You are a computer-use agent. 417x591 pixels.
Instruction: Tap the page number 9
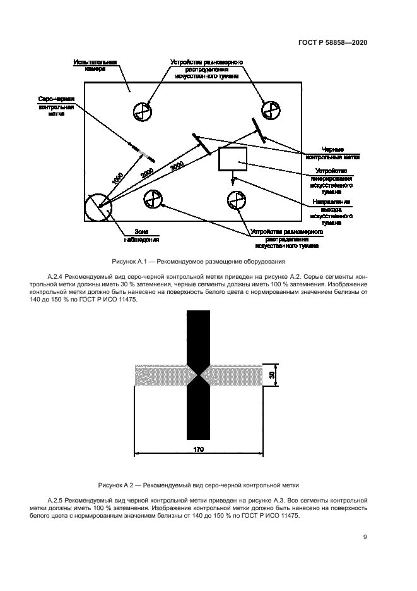coord(365,537)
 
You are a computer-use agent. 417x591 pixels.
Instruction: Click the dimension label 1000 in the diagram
coord(117,179)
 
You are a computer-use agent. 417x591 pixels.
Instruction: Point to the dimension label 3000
coord(177,166)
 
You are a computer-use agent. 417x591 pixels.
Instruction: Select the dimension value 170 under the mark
coord(197,449)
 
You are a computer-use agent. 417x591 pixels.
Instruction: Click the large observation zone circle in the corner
coord(98,206)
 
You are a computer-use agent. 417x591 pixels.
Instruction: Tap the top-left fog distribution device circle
coord(142,112)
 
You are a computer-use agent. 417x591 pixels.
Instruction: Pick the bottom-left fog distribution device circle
coord(153,198)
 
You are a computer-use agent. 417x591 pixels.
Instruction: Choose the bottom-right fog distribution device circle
coord(236,199)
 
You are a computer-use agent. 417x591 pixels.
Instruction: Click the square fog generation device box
coord(232,159)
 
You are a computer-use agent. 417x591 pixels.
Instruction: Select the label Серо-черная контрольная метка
coord(57,106)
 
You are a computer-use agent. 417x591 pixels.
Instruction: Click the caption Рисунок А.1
coord(197,261)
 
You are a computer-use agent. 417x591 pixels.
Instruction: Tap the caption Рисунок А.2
coord(198,485)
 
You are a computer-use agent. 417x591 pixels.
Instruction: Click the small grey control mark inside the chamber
coord(144,152)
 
